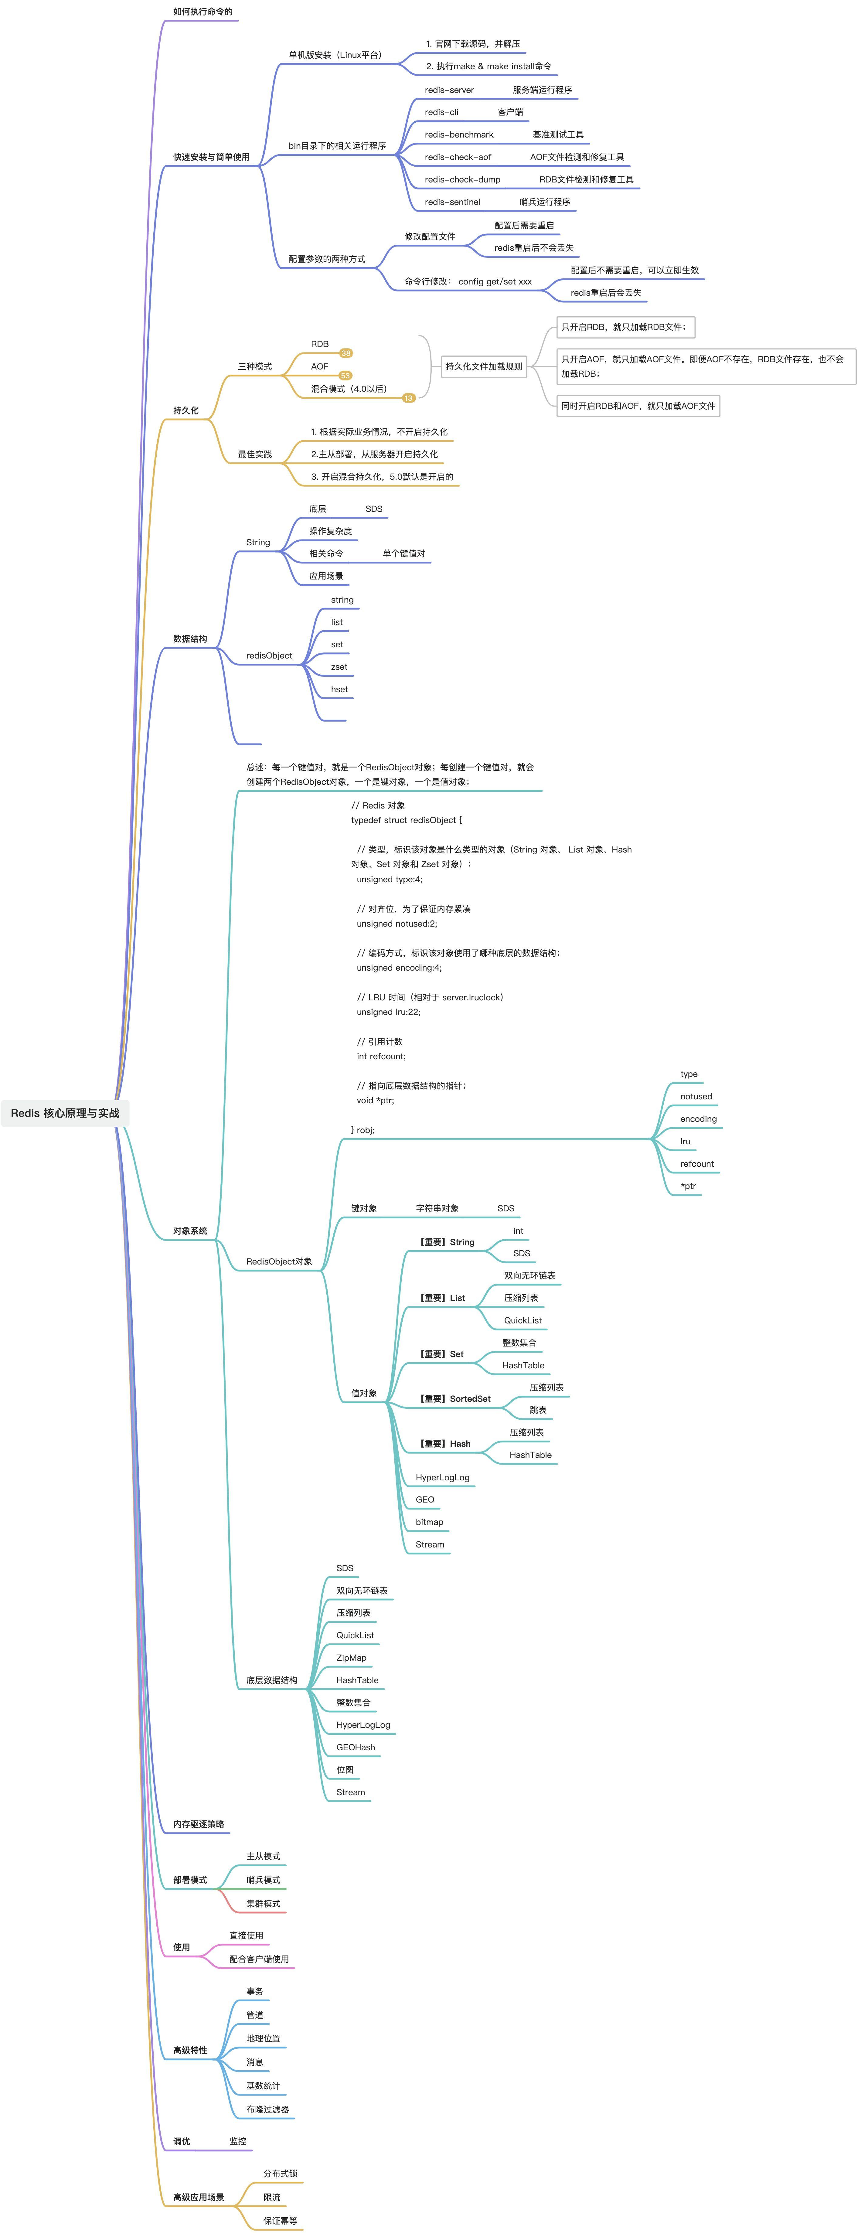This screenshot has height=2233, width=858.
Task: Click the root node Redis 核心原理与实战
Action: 65,1113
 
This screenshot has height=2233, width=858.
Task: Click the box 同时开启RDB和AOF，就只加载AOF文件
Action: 638,406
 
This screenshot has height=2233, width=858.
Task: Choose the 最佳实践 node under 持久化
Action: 255,454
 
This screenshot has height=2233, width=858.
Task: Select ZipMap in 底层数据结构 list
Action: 351,1657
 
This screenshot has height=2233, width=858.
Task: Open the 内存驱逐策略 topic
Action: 199,1824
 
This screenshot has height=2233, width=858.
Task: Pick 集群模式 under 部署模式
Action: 263,1904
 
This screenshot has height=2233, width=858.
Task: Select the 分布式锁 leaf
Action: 280,2173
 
